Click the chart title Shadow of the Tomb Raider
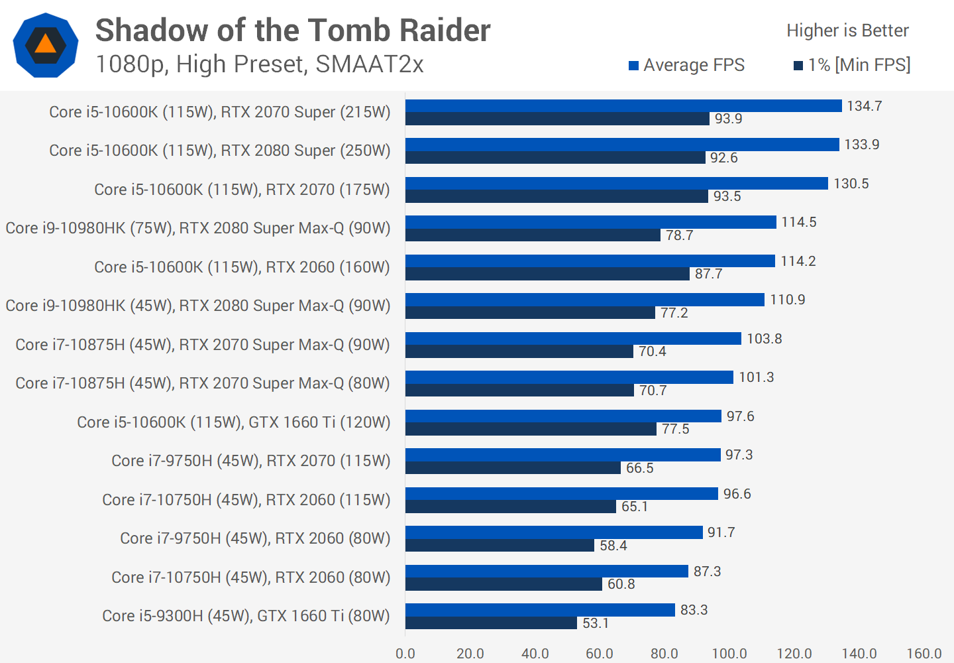[x=293, y=30]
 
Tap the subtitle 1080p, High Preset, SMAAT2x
[x=259, y=64]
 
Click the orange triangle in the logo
[x=45, y=44]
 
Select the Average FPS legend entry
[x=687, y=65]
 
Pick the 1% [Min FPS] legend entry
[x=852, y=65]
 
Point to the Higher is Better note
[x=847, y=30]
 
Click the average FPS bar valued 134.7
[x=623, y=106]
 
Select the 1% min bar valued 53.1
[x=491, y=623]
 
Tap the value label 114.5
[x=799, y=222]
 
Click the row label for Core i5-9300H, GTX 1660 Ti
[x=246, y=616]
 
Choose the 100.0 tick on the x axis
[x=729, y=654]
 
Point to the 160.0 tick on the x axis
[x=924, y=654]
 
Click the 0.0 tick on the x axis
[x=405, y=654]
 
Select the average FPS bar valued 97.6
[x=563, y=416]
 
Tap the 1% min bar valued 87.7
[x=547, y=274]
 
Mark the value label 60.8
[x=621, y=584]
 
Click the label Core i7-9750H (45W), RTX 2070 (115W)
[x=250, y=461]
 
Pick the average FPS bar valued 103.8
[x=573, y=339]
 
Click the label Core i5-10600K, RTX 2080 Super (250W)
[x=219, y=151]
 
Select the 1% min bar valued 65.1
[x=511, y=507]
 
